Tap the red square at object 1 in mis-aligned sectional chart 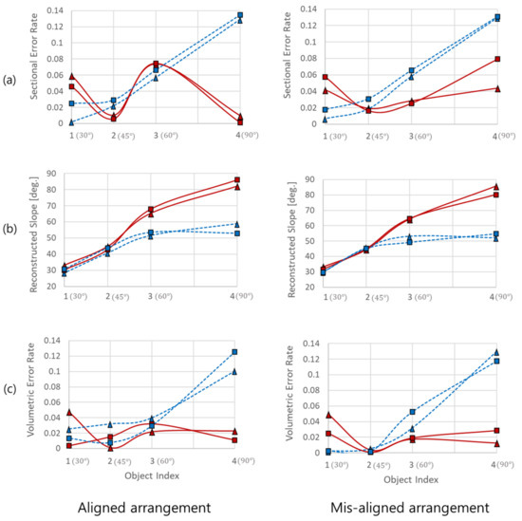(325, 77)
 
